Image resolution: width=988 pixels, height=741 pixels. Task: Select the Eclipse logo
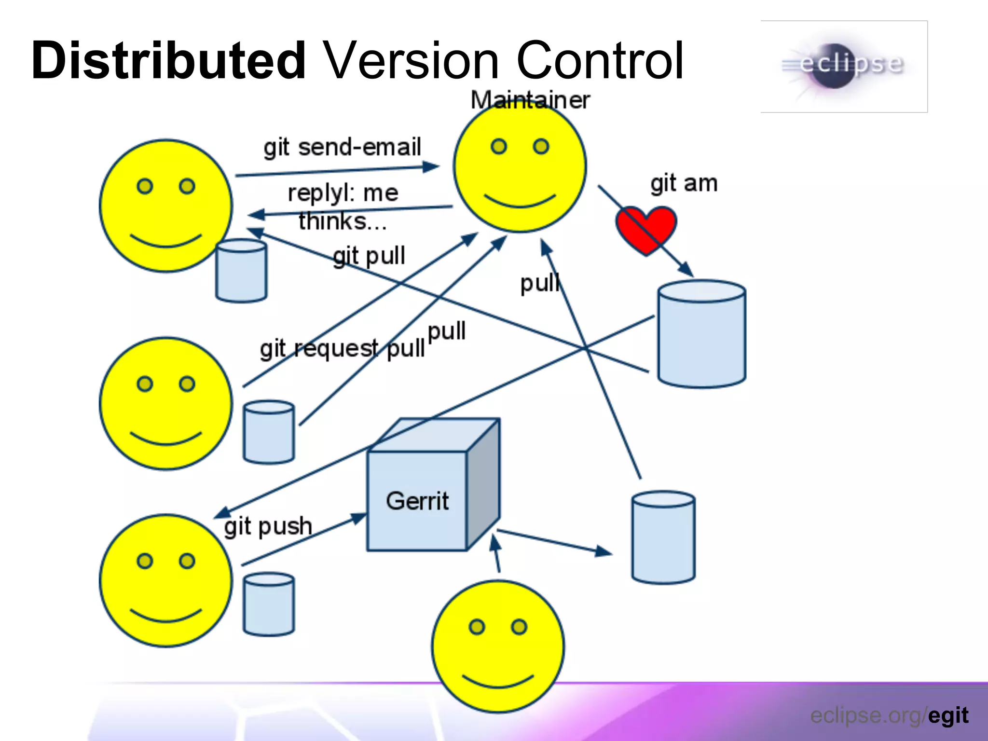click(x=844, y=67)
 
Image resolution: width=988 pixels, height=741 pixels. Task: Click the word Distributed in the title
click(x=168, y=61)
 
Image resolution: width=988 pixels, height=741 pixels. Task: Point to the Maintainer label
click(x=530, y=100)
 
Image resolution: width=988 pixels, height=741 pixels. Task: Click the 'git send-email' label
click(x=342, y=147)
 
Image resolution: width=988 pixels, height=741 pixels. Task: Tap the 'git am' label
click(x=684, y=184)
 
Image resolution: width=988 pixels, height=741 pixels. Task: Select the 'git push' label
click(x=268, y=526)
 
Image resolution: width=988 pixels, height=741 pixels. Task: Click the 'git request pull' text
click(x=342, y=348)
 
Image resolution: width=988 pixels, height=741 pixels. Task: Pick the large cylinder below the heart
click(x=702, y=334)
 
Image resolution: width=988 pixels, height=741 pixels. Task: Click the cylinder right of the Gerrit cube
click(x=663, y=537)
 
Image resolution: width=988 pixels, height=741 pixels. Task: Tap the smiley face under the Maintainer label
click(x=520, y=166)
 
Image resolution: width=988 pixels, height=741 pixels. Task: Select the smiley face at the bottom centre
click(x=498, y=646)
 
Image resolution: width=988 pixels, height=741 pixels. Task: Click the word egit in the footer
click(x=948, y=715)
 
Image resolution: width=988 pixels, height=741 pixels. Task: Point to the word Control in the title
click(x=600, y=61)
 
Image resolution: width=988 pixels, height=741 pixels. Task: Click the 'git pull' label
click(x=369, y=256)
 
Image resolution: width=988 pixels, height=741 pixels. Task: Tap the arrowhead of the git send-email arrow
click(x=432, y=167)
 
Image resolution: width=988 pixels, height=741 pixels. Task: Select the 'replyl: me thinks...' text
click(x=343, y=207)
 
